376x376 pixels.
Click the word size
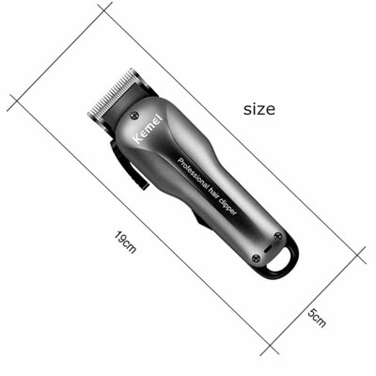(x=258, y=109)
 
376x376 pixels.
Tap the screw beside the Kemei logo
(x=134, y=115)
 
